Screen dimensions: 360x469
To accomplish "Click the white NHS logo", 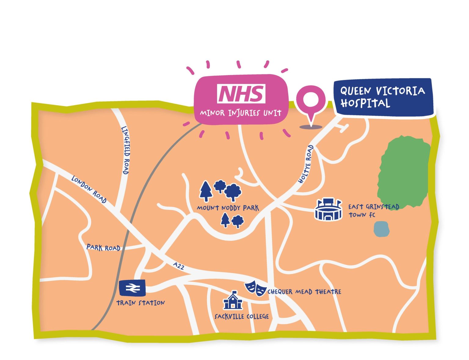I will click(241, 94).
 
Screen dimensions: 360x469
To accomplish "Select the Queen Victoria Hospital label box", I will click(383, 97).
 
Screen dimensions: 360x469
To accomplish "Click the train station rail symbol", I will click(132, 287).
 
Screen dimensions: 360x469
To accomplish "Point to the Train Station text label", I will click(140, 303).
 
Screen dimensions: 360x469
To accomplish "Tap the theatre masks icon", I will click(255, 288).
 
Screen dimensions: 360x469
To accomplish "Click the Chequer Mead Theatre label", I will click(304, 292).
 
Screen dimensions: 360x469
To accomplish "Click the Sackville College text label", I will click(242, 316).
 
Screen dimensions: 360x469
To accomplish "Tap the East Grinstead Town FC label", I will click(373, 211).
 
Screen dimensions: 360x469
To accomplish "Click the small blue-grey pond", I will click(381, 229).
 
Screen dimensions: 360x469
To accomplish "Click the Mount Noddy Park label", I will click(227, 208).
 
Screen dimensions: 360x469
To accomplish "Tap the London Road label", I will click(89, 189).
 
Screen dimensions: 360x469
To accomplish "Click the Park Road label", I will click(103, 247).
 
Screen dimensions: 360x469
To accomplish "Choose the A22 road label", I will click(178, 266).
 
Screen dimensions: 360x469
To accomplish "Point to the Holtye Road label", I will click(306, 164).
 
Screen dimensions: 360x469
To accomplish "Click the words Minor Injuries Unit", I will click(241, 113).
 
